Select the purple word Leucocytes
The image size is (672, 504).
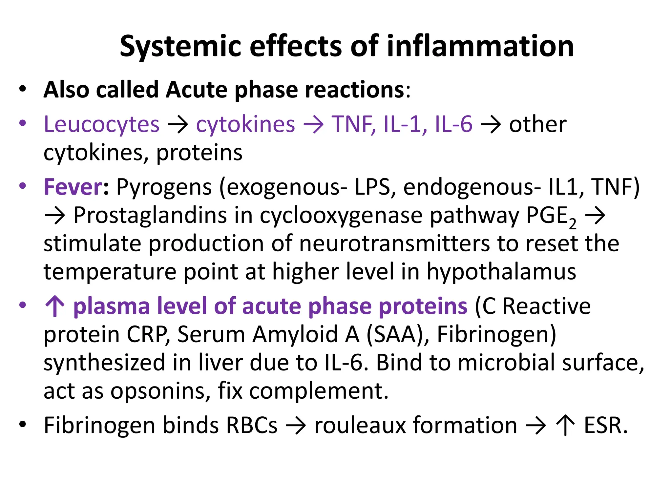click(x=102, y=125)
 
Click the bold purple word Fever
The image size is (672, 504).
click(x=73, y=187)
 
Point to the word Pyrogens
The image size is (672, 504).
click(x=164, y=188)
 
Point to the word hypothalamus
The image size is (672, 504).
click(x=501, y=272)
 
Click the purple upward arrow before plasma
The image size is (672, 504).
click(x=55, y=306)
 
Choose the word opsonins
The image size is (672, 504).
click(x=160, y=391)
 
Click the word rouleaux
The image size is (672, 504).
click(x=359, y=426)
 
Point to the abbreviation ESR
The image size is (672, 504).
click(x=605, y=426)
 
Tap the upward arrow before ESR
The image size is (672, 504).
click(x=565, y=426)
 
